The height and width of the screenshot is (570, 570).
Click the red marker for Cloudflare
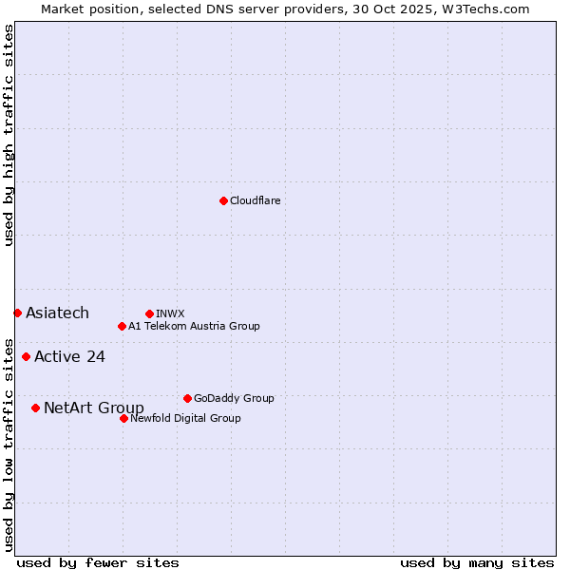[x=223, y=200]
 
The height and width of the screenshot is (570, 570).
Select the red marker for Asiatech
[x=17, y=313]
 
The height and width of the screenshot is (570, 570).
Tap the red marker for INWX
[x=149, y=313]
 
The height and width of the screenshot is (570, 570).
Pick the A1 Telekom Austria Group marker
[x=122, y=326]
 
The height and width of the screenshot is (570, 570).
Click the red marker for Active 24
[x=26, y=357]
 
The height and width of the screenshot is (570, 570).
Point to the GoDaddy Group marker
[x=187, y=398]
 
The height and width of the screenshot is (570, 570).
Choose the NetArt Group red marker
[x=35, y=408]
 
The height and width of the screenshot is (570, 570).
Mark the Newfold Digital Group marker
[x=123, y=418]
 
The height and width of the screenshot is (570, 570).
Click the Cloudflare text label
[x=255, y=200]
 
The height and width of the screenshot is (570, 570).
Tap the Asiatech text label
[x=57, y=313]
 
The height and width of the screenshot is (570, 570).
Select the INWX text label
[x=170, y=313]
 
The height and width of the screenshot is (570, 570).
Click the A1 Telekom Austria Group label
[x=194, y=326]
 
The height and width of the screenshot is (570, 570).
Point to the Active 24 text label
[x=69, y=357]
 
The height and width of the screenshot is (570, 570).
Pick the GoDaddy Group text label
[x=234, y=398]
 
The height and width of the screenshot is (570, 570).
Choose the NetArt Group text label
[x=94, y=408]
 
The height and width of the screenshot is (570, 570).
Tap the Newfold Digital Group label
[x=185, y=418]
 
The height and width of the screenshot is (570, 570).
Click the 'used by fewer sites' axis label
[x=98, y=562]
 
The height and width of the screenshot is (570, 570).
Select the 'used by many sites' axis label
[x=477, y=562]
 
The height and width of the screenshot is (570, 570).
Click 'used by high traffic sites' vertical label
[x=9, y=135]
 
